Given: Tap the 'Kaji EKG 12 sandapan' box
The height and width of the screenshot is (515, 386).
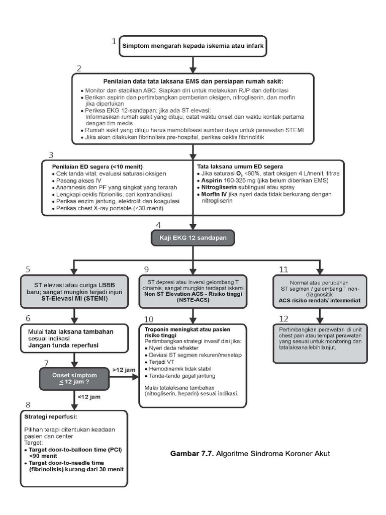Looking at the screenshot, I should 193,237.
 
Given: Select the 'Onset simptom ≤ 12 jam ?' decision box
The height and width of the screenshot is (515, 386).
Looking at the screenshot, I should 74,378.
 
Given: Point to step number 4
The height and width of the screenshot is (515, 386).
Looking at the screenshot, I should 159,225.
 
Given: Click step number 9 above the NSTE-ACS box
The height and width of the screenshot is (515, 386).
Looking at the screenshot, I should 146,269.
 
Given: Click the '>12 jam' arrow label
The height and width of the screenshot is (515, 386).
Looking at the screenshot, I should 124,370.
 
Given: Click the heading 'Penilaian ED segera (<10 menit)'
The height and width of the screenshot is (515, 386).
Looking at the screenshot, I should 98,166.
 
